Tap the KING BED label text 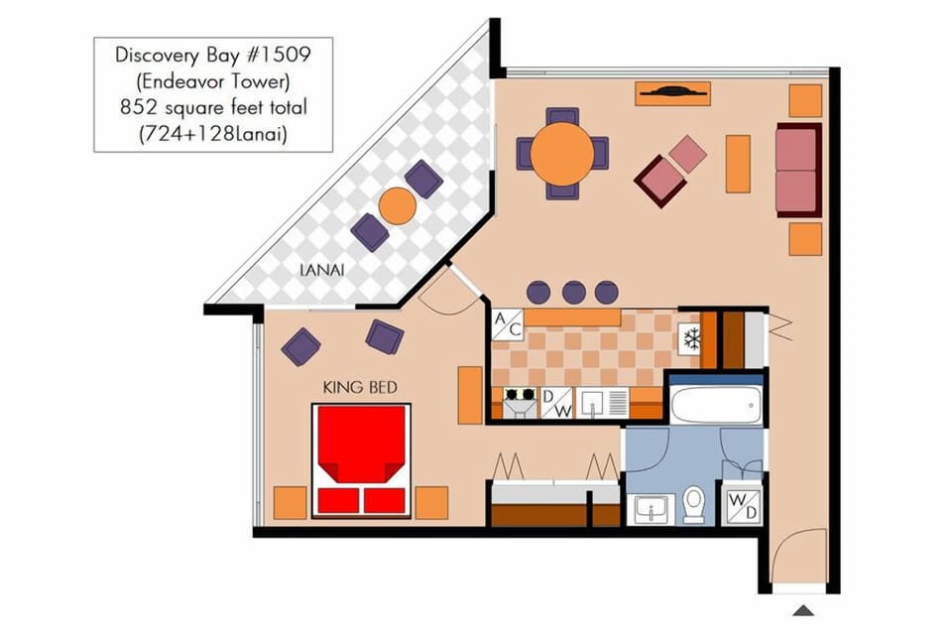361,387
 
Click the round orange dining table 562,154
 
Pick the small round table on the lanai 397,205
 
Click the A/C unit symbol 507,324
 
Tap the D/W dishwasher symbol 556,403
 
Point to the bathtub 715,405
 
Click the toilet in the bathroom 694,505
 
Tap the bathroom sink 652,509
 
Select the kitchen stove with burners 519,403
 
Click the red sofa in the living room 798,170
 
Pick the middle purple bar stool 574,292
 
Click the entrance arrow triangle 803,611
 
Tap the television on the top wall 672,93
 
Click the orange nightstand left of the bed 290,503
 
